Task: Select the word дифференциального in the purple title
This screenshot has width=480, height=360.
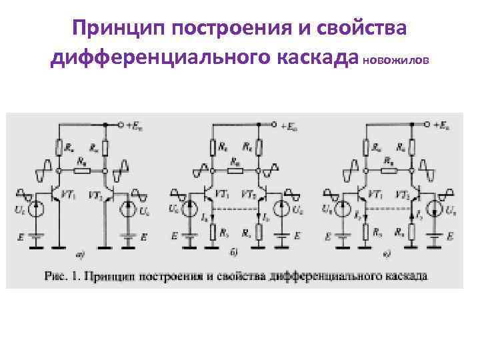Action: [x=157, y=59]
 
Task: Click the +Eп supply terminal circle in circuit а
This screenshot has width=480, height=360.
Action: [x=121, y=125]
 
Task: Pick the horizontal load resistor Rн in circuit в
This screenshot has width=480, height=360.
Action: [x=387, y=171]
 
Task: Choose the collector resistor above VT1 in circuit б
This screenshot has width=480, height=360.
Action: [x=213, y=147]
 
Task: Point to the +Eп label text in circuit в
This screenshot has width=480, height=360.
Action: [x=441, y=125]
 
